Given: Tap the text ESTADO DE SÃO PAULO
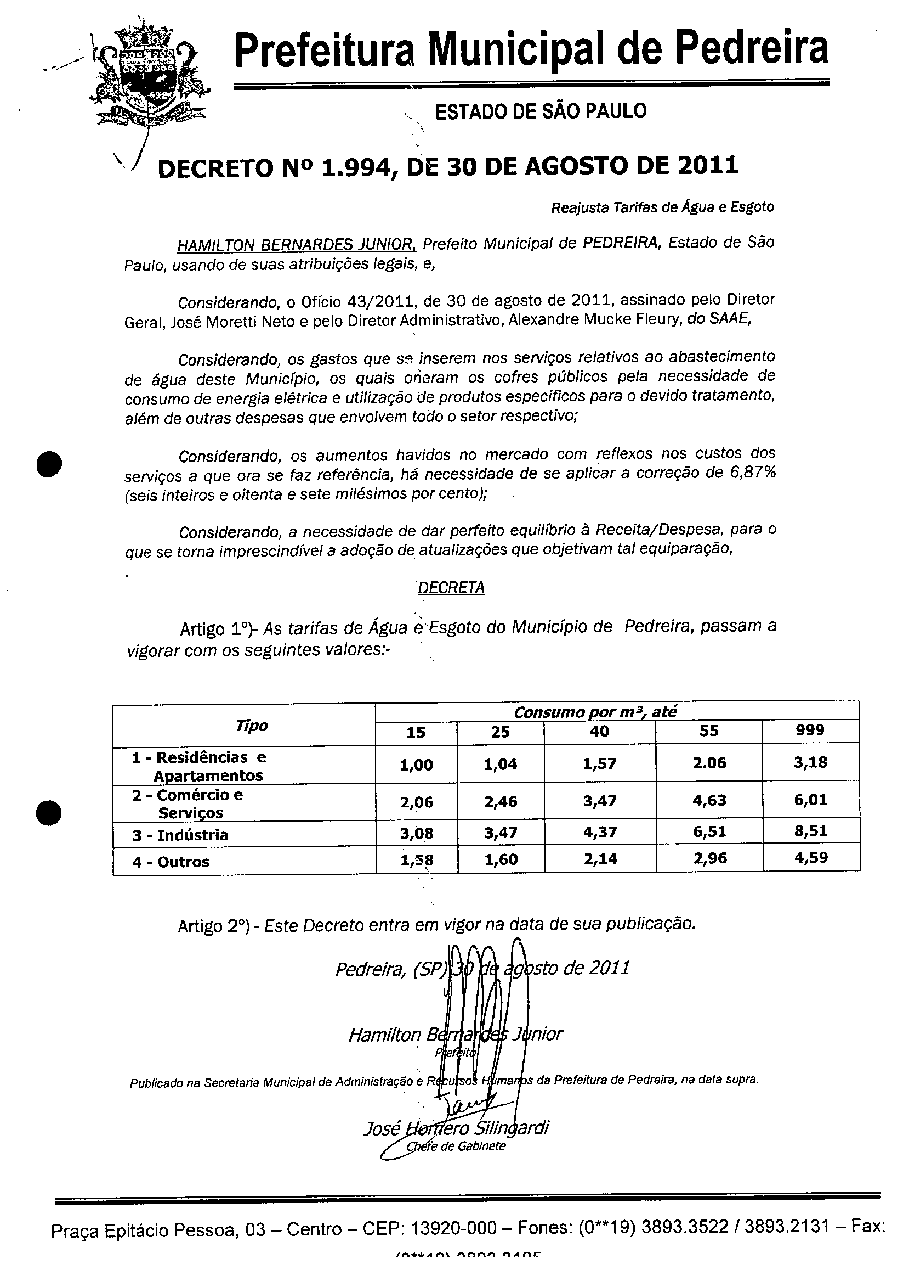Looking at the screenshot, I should [x=541, y=111].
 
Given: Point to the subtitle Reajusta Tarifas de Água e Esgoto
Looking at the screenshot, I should [x=662, y=208].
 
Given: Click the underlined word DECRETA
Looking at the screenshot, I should [x=451, y=588].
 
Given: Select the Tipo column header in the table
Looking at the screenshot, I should [x=251, y=726].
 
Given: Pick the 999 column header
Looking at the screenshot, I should [x=809, y=730].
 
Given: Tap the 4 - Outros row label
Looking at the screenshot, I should [x=171, y=862].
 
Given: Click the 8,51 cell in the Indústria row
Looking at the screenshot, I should [x=810, y=831].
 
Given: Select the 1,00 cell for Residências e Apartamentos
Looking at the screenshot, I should [x=416, y=765].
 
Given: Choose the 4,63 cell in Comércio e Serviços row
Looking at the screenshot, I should [x=709, y=800].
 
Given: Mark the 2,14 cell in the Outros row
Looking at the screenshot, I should [x=600, y=859].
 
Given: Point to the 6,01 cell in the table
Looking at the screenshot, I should [x=810, y=799].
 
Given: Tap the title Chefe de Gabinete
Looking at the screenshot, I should [x=456, y=1146].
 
